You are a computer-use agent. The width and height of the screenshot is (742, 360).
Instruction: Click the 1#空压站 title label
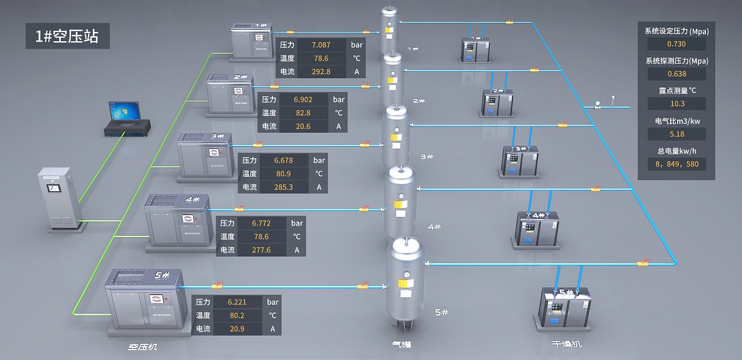tap(67, 37)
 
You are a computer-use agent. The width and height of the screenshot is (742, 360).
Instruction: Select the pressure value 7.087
tap(321, 45)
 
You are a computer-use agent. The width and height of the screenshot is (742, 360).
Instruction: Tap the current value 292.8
tap(321, 72)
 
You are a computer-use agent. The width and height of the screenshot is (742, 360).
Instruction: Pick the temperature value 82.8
tap(303, 113)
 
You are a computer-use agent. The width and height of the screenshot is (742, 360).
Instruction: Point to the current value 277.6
tap(261, 250)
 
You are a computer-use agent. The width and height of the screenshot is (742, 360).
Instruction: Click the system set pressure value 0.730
tap(676, 44)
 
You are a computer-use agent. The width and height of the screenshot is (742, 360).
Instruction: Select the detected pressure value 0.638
tap(676, 74)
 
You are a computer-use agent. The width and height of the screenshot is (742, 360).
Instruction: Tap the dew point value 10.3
tap(676, 104)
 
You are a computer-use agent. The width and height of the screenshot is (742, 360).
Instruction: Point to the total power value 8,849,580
tap(676, 164)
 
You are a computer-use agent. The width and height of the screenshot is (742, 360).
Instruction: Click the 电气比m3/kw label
tap(676, 121)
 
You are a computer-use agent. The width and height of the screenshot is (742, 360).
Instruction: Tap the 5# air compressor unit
tap(145, 301)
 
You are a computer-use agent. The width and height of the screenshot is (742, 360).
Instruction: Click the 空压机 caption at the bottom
tap(143, 347)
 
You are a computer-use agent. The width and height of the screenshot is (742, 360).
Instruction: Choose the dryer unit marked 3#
tap(520, 161)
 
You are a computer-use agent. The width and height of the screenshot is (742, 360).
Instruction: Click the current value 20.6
tap(303, 126)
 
